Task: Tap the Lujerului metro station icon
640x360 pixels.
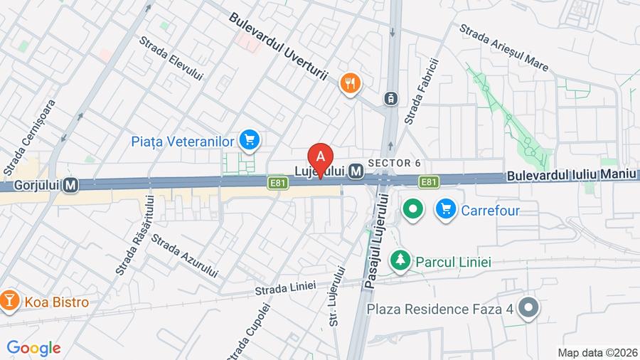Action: [356, 171]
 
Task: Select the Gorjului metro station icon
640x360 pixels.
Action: [70, 185]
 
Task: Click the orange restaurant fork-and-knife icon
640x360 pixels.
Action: [350, 84]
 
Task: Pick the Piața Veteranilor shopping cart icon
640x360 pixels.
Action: [248, 140]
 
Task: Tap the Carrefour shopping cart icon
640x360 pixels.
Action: [446, 210]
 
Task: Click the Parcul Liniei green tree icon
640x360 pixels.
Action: [402, 261]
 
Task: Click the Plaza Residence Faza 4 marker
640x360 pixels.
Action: [528, 309]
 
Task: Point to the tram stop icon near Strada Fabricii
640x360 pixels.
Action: [390, 99]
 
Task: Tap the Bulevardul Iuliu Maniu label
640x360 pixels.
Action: [572, 175]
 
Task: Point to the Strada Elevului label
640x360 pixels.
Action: [171, 58]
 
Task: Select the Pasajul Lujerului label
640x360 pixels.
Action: [377, 241]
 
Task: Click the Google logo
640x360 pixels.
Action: [33, 349]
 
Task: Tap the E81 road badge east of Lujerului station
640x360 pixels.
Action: [428, 183]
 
